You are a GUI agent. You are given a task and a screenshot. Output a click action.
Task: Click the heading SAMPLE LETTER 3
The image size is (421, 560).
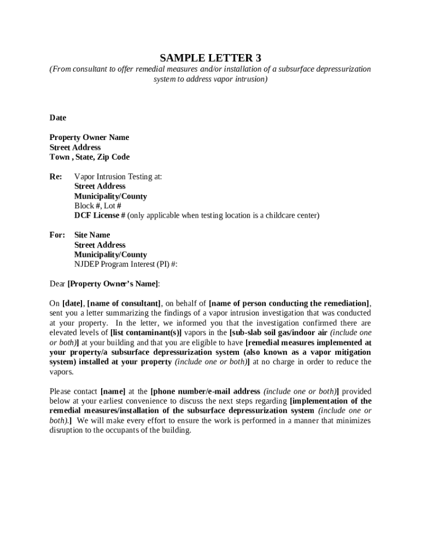[x=210, y=58]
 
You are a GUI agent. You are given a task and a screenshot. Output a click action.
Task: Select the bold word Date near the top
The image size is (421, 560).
[x=58, y=118]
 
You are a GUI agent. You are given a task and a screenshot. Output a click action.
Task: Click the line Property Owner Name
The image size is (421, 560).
[x=89, y=137]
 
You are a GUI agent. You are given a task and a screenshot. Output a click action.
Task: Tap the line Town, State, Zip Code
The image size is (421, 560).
[x=89, y=157]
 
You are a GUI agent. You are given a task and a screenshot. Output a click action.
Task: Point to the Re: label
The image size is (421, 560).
[x=56, y=177]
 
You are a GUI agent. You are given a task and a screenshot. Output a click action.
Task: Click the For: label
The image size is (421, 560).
[x=57, y=235]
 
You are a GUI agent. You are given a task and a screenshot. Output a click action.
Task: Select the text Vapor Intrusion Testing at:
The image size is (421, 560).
[x=118, y=177]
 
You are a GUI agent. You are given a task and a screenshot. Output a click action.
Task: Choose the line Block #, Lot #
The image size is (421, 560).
[x=98, y=206]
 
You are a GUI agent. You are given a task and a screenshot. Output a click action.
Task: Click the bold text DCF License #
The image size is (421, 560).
[x=100, y=215]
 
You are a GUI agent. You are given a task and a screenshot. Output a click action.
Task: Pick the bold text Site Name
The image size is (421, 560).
[x=92, y=235]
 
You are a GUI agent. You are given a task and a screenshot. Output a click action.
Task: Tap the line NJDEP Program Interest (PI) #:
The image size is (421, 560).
[x=126, y=264]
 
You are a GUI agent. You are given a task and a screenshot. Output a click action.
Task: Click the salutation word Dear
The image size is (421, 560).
[x=57, y=284]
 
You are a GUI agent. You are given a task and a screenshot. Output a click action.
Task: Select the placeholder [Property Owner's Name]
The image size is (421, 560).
[x=113, y=284]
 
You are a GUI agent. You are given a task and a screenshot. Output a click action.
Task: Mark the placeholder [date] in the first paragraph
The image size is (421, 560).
[x=72, y=304]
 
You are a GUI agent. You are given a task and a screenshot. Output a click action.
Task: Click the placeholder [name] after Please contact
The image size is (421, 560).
[x=113, y=392]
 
